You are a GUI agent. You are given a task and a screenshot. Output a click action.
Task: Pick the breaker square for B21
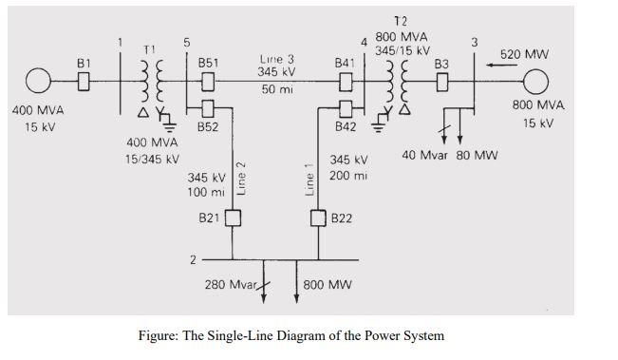(231, 218)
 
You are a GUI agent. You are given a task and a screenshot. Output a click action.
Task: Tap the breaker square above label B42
(346, 104)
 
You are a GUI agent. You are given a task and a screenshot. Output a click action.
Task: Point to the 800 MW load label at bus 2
(328, 284)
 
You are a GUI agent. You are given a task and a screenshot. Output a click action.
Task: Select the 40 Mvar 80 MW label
(449, 154)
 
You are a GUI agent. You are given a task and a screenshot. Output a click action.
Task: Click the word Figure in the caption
(162, 334)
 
